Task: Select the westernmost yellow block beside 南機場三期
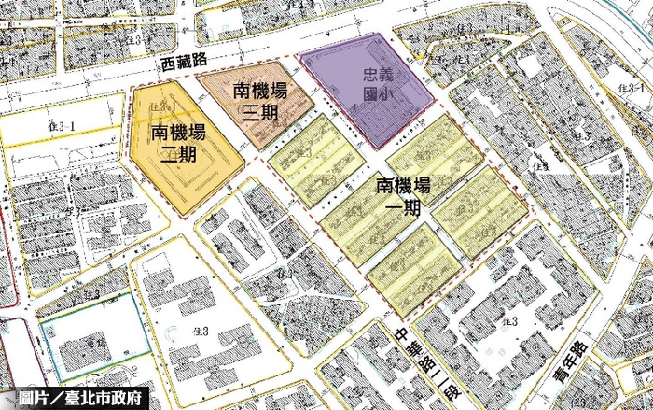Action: coord(315,161)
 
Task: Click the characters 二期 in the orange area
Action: coord(177,154)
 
